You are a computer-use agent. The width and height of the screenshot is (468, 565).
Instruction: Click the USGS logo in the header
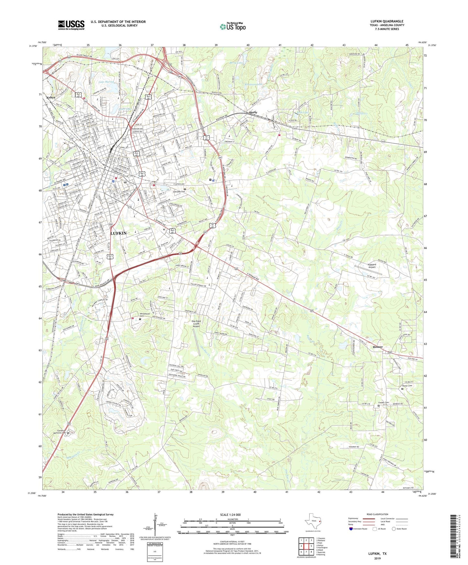71,25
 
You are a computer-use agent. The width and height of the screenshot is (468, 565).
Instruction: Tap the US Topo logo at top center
233,27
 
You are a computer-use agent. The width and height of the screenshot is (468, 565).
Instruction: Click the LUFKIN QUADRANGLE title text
387,21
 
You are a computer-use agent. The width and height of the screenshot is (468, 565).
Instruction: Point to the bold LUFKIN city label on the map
119,233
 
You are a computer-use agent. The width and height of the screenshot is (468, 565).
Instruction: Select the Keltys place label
51,97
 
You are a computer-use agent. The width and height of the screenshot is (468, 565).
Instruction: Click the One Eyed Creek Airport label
196,324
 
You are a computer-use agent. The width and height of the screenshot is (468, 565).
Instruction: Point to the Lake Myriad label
107,82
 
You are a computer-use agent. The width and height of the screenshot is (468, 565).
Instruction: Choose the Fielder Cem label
383,403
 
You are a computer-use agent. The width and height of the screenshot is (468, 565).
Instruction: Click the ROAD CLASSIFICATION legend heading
377,514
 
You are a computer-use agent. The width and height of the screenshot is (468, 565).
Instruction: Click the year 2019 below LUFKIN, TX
377,559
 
